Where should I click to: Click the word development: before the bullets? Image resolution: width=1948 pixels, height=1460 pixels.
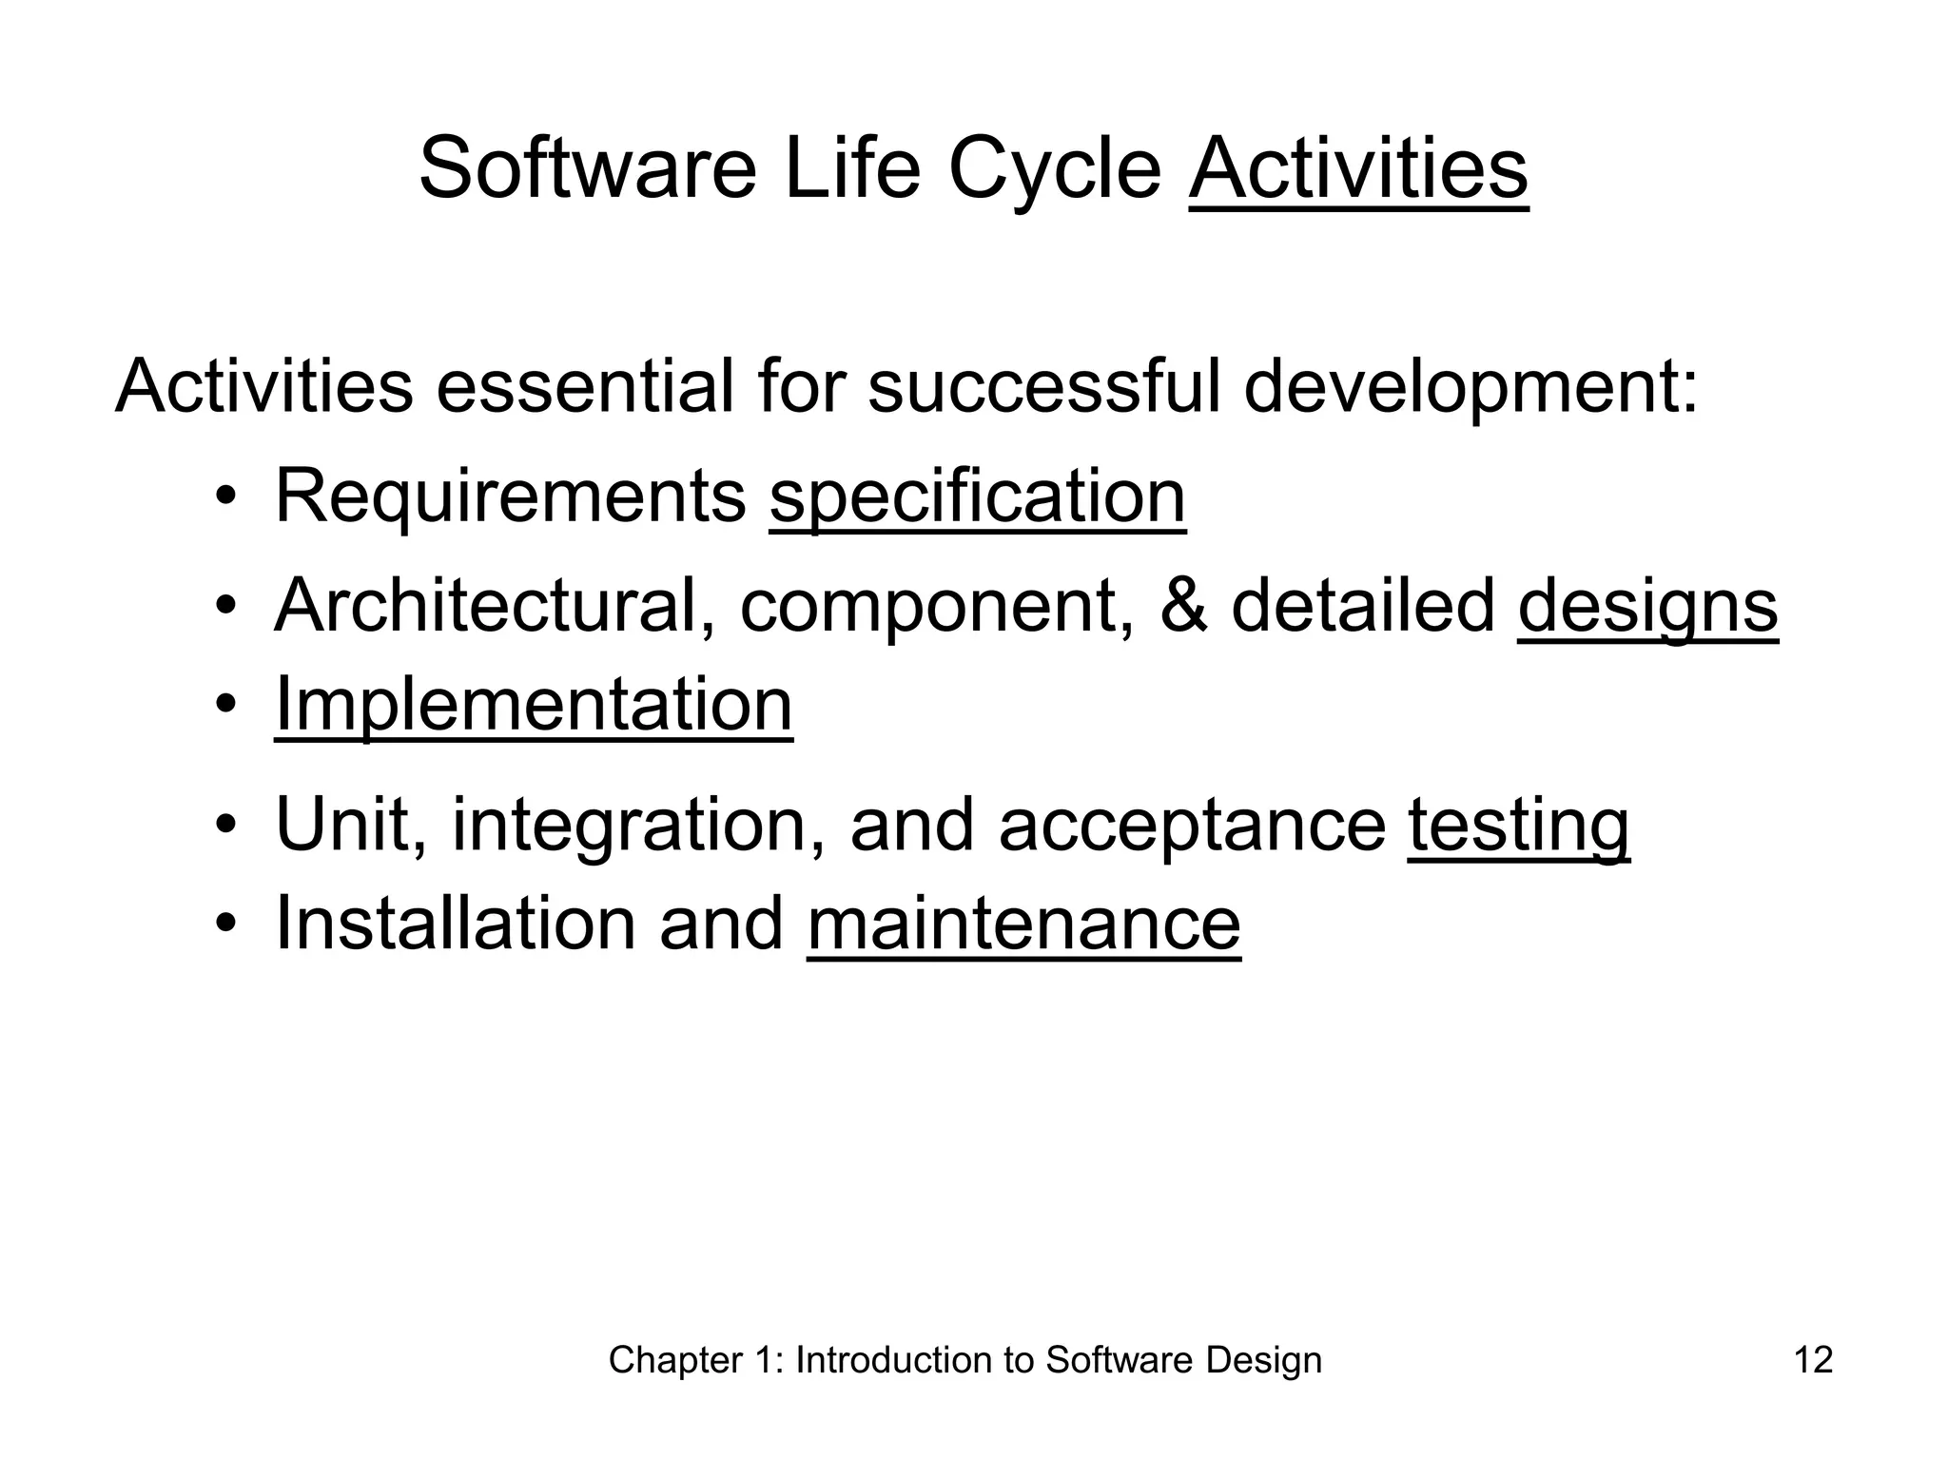1471,389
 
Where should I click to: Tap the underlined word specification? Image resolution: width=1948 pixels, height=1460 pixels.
977,498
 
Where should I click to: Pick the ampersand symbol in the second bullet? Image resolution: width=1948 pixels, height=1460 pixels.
1183,607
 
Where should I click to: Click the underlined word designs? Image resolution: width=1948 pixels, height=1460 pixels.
1647,608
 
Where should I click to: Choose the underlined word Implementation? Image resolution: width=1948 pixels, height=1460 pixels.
533,705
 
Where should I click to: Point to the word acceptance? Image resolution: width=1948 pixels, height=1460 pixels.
1192,827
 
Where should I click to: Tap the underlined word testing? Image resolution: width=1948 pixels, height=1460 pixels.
1518,827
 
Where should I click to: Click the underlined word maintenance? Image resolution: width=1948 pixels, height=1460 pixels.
1023,925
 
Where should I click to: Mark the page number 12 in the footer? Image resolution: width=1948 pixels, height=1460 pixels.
1813,1360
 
